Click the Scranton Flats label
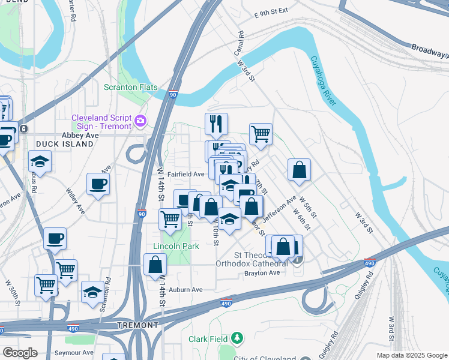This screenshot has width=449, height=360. click(130, 87)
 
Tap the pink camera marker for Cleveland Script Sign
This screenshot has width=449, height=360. click(140, 121)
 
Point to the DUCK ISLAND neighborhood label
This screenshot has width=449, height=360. click(58, 145)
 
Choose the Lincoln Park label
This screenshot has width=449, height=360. click(176, 247)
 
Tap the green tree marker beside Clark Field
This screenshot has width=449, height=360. click(238, 339)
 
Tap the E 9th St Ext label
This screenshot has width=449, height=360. click(271, 11)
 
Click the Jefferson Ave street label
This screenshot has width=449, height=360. click(280, 208)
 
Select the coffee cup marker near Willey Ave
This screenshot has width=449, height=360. click(98, 185)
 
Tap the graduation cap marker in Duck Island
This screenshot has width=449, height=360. click(40, 161)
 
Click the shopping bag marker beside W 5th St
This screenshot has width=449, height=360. click(299, 170)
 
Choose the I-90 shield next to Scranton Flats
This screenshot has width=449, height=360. click(173, 94)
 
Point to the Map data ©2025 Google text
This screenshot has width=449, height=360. click(411, 355)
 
